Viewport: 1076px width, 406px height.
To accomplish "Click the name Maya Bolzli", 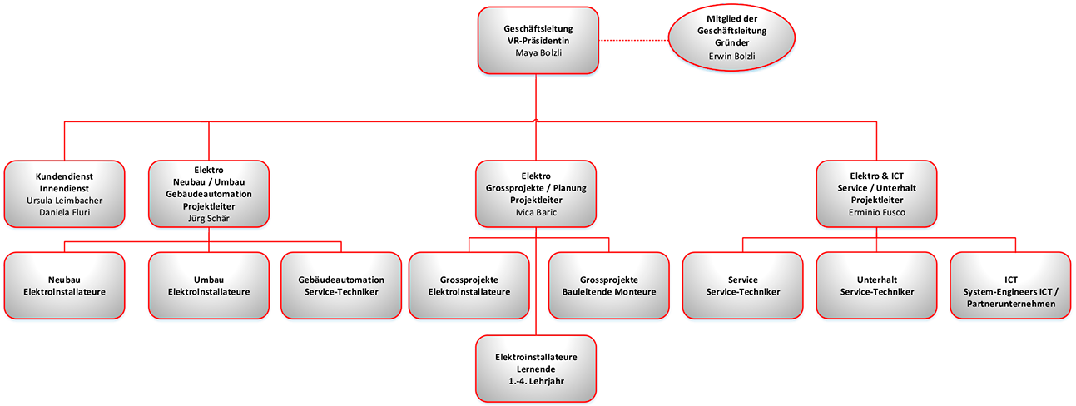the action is pos(538,53).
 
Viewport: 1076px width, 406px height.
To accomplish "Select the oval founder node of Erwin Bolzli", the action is pos(731,37).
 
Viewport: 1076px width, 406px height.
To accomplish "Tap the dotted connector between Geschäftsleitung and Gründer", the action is pos(633,41).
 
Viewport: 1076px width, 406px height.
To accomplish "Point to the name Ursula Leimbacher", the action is pos(64,201).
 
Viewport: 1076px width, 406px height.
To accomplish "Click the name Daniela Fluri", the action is pos(64,212).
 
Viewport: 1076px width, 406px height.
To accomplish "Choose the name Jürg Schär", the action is pos(209,219).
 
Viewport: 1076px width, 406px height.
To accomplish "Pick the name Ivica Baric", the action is pos(536,212).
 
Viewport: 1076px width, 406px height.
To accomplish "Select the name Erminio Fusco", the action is pos(876,212).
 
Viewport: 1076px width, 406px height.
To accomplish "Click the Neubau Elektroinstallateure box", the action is pos(64,285).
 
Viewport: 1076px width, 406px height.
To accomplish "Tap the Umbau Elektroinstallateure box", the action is pos(209,285).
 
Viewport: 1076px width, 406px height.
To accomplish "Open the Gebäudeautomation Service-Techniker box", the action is pos(341,285).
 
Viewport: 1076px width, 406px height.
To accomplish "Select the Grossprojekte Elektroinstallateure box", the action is pos(469,285).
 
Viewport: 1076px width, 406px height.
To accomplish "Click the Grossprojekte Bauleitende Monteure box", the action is pos(608,285).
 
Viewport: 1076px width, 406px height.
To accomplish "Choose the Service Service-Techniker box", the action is pos(742,285).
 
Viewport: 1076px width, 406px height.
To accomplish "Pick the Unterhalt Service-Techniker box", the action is pos(876,285).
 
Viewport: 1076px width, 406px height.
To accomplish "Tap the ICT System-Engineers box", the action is pos(1010,285).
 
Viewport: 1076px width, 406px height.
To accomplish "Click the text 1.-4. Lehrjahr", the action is pos(536,382).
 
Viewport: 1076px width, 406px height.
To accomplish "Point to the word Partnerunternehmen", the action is pos(1010,304).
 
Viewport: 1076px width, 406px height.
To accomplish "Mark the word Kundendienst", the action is pos(64,176).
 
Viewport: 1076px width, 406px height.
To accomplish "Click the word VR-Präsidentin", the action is pos(538,41).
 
